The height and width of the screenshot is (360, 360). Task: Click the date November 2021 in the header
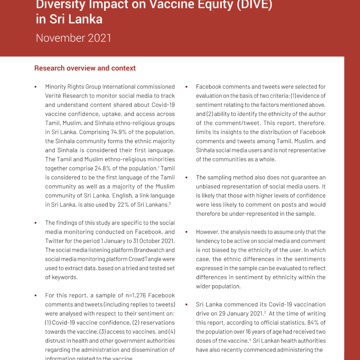tap(73, 38)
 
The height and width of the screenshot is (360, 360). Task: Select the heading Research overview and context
tap(85, 68)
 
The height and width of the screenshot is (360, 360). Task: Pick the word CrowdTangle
tap(143, 259)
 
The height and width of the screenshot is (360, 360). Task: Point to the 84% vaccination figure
tap(300, 323)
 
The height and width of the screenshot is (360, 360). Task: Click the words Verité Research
tap(64, 96)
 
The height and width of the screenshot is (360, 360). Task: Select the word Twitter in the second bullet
tap(55, 241)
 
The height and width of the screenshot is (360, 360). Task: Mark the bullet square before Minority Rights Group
tap(36, 87)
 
